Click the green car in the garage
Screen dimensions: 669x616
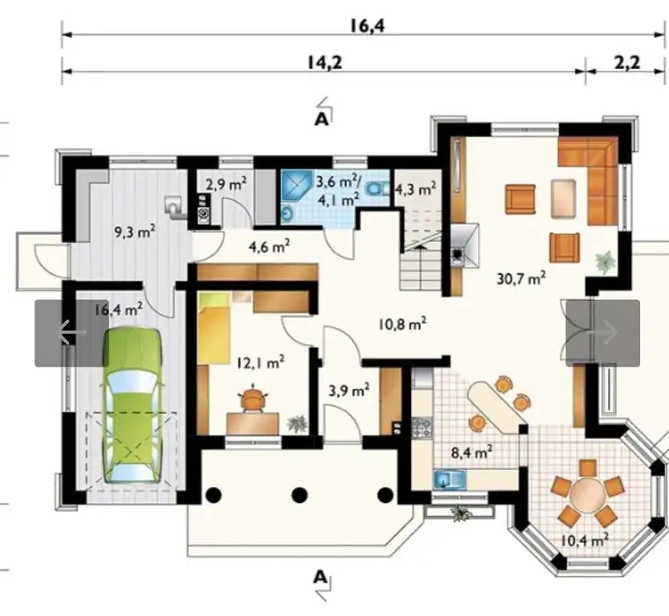pos(133,405)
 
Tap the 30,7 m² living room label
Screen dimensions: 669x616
pos(521,279)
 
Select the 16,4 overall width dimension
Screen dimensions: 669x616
pos(367,26)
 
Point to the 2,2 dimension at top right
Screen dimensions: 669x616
pos(626,63)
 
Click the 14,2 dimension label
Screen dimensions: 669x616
pos(324,63)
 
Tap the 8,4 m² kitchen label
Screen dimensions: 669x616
pos(472,452)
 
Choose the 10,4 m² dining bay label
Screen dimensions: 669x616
pos(585,541)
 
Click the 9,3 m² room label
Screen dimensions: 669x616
pos(134,232)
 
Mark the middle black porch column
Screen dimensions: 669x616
pos(300,495)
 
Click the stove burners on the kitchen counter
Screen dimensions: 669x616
pos(422,428)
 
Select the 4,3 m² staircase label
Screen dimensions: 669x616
pos(415,188)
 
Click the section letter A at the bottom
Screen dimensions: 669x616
pos(320,577)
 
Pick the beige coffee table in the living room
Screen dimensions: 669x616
pos(563,199)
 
